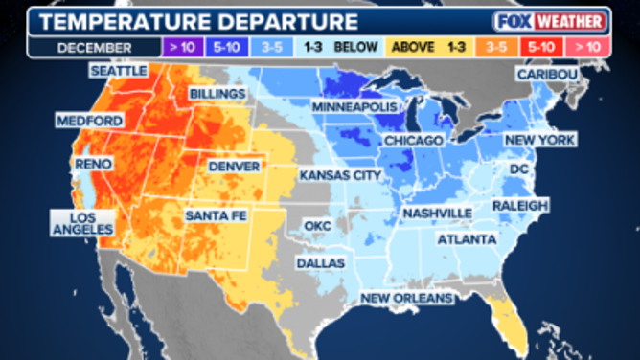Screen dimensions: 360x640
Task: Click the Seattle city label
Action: coord(118,70)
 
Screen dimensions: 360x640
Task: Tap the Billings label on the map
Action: coord(217,94)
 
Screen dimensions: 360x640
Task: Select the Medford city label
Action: coord(90,121)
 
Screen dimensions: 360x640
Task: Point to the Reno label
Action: coord(93,164)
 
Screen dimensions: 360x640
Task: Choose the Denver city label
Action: coord(235,166)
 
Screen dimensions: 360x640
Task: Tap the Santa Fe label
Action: coord(216,215)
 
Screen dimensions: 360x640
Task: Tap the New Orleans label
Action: coord(406,300)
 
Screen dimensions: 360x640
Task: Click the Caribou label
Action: coord(548,74)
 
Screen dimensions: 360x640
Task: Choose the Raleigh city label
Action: coord(520,206)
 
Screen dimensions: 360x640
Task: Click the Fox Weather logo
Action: coord(550,21)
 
